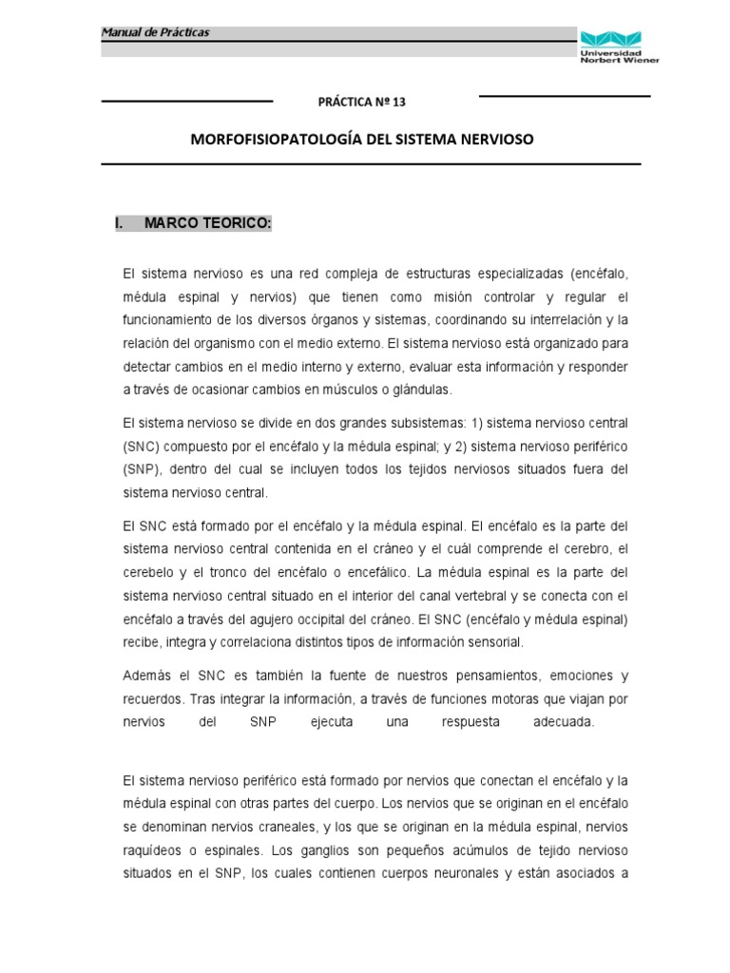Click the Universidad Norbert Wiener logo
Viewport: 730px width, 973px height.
pos(618,45)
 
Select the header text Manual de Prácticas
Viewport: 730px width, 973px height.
pos(155,33)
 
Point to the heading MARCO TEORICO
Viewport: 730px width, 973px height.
pos(208,223)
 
